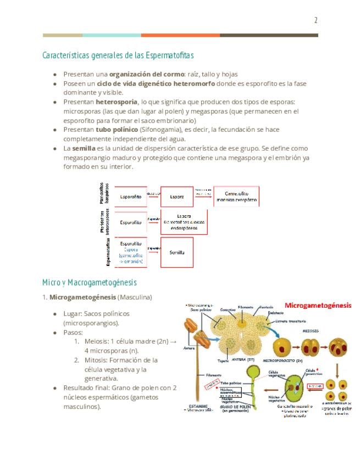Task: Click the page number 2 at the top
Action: pyautogui.click(x=315, y=21)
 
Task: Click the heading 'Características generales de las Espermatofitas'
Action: pyautogui.click(x=118, y=56)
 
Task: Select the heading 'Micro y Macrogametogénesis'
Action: pyautogui.click(x=89, y=282)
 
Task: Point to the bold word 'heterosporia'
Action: pyautogui.click(x=117, y=102)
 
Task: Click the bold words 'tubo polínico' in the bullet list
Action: pyautogui.click(x=117, y=130)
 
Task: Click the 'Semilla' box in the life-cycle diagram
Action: pyautogui.click(x=177, y=252)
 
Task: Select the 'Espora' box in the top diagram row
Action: pyautogui.click(x=177, y=196)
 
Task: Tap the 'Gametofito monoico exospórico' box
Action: pyautogui.click(x=236, y=196)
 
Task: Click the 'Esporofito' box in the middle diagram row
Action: pyautogui.click(x=131, y=223)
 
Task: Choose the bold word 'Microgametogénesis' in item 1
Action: pyautogui.click(x=82, y=297)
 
